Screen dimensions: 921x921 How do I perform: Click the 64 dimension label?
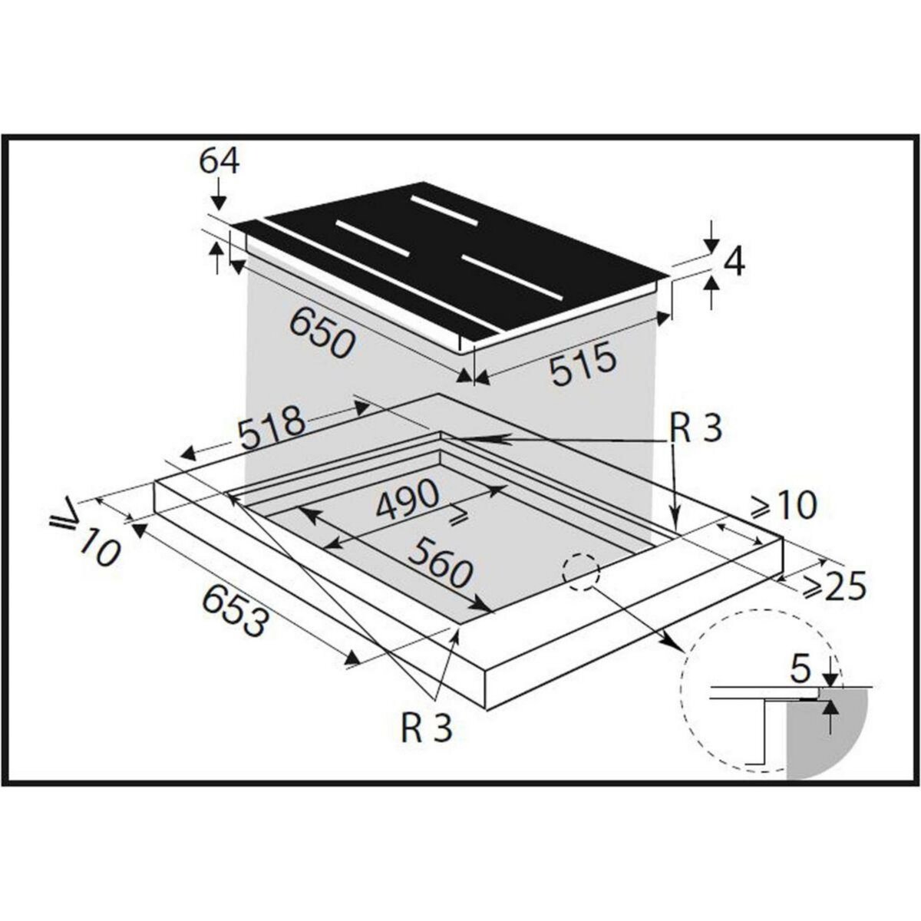click(219, 162)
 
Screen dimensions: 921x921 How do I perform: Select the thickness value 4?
click(734, 262)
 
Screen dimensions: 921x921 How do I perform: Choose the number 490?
click(406, 501)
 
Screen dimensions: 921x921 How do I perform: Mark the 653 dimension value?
click(236, 611)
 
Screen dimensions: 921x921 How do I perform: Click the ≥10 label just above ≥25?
click(782, 506)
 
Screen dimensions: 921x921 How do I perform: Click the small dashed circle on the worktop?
click(580, 571)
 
